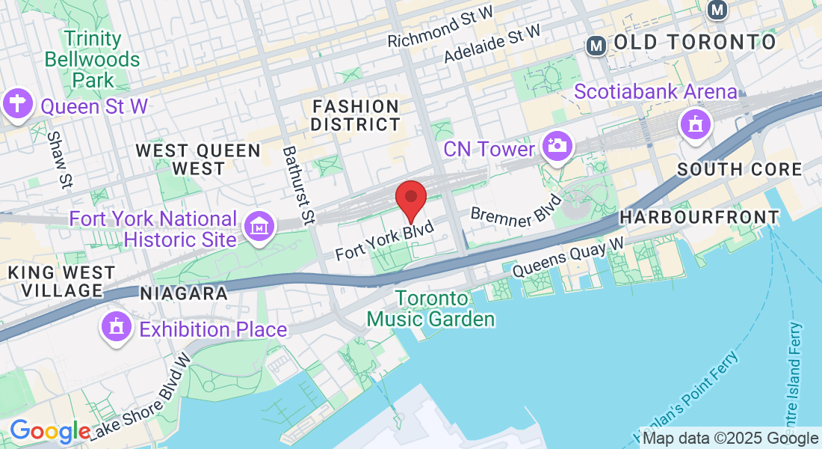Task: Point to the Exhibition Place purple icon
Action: click(117, 328)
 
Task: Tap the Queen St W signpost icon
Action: click(16, 103)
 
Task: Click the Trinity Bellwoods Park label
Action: click(93, 59)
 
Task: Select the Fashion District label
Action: click(356, 115)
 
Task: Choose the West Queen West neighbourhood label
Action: click(198, 159)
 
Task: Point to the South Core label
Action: click(739, 170)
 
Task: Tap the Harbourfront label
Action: click(699, 218)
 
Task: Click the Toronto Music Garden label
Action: click(432, 309)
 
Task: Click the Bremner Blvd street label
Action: click(516, 209)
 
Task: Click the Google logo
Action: click(49, 431)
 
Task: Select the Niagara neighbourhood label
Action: click(183, 293)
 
